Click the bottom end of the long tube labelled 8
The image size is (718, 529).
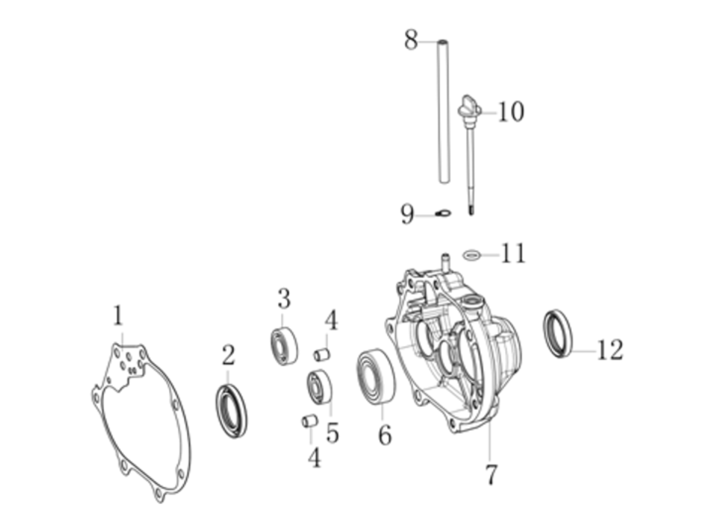444,182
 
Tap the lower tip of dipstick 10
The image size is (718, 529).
471,215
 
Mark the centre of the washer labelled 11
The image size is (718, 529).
472,255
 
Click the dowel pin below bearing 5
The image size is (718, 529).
310,421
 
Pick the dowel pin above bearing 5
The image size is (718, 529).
322,355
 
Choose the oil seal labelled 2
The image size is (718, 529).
231,411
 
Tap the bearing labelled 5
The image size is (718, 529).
320,388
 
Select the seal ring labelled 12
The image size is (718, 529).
558,334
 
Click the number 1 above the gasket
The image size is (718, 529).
118,316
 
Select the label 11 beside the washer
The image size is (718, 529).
513,253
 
